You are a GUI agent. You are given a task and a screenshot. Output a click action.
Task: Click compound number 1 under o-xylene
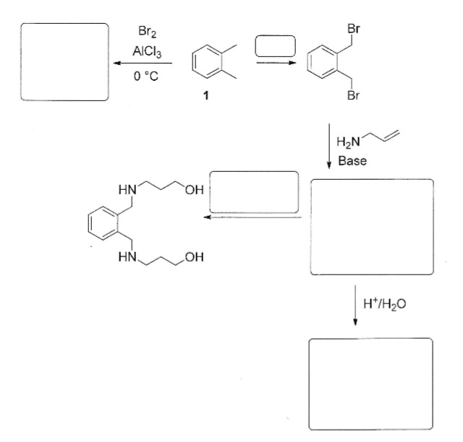pos(205,99)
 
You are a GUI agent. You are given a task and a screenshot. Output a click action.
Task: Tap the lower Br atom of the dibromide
pos(352,98)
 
